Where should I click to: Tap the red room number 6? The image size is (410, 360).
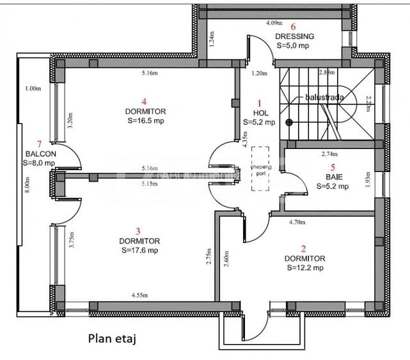[x=293, y=27]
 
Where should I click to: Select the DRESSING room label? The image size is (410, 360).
[x=294, y=36]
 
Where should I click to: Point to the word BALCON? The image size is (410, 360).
[x=40, y=154]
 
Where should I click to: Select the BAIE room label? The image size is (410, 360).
[x=332, y=177]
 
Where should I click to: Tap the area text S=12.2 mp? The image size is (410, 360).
[x=304, y=268]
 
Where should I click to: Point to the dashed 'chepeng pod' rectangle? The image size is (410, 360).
[x=260, y=169]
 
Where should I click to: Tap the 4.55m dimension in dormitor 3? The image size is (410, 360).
[x=139, y=295]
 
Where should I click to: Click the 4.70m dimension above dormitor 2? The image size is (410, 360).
[x=297, y=223]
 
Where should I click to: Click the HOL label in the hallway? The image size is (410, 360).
[x=259, y=113]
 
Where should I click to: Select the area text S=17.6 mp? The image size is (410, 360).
[x=139, y=250]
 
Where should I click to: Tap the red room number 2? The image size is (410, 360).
[x=304, y=249]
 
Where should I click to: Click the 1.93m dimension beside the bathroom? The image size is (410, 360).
[x=368, y=181]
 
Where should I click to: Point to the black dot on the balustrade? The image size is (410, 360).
[x=290, y=121]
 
